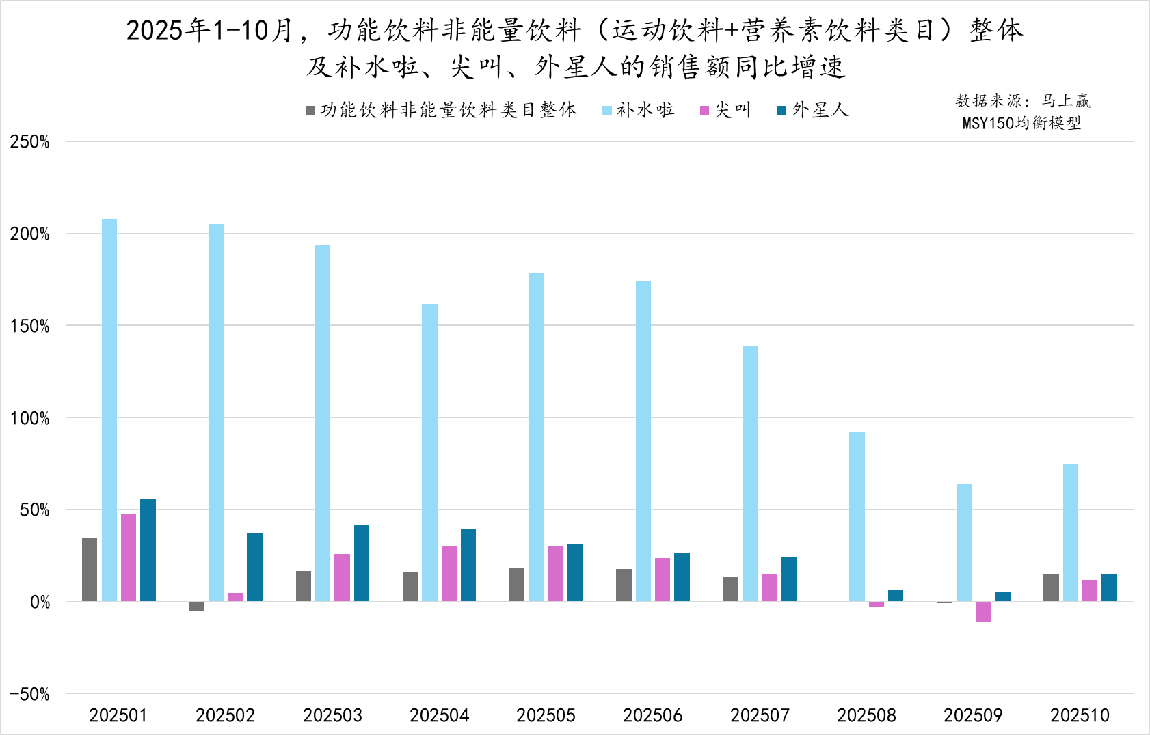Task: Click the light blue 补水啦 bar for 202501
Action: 109,410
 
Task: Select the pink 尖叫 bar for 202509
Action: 983,612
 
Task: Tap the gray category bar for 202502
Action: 196,606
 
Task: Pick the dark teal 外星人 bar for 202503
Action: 361,563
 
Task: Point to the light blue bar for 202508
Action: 857,516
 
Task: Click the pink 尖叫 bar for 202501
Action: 129,557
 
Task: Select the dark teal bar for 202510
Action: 1109,587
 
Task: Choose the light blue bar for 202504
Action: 429,452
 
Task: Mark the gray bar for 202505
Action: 517,585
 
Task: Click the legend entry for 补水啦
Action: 639,110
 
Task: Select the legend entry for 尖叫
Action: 725,110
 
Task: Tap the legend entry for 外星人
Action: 813,110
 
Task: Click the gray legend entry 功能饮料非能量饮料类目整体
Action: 442,110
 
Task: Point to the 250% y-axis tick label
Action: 30,142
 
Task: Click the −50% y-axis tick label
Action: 30,694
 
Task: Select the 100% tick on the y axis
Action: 30,418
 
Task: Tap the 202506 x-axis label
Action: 652,715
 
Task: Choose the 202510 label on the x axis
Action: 1080,715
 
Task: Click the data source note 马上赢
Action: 1066,101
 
